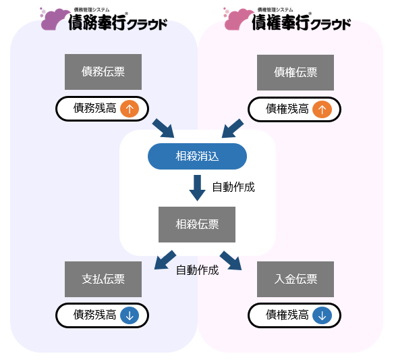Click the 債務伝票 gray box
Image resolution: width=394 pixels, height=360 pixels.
tap(103, 72)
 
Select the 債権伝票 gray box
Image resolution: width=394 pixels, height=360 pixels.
tap(295, 72)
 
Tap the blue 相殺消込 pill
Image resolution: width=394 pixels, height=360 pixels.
tap(197, 156)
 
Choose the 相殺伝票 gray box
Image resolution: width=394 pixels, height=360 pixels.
tap(197, 224)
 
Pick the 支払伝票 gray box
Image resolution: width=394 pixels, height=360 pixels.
tap(103, 279)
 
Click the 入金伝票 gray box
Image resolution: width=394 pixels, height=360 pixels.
tap(295, 279)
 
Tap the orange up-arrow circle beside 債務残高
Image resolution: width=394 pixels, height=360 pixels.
tap(130, 109)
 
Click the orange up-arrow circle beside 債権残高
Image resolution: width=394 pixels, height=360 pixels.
tap(322, 109)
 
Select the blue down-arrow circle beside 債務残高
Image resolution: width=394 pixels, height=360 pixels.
tap(130, 315)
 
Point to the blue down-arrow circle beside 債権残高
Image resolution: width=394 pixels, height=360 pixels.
tap(322, 315)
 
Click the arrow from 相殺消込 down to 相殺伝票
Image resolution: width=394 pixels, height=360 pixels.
tap(197, 188)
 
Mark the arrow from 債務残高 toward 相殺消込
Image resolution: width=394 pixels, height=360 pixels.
tap(163, 128)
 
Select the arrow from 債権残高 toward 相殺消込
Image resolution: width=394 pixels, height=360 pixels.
tap(233, 128)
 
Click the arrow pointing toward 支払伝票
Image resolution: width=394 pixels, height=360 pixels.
tap(165, 260)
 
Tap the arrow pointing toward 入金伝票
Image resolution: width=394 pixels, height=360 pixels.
tap(231, 261)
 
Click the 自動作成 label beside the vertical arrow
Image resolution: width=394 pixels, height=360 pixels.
tap(233, 187)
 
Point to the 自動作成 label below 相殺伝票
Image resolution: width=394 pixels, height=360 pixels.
tap(197, 270)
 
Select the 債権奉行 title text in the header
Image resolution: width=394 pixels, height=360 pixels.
tap(281, 22)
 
